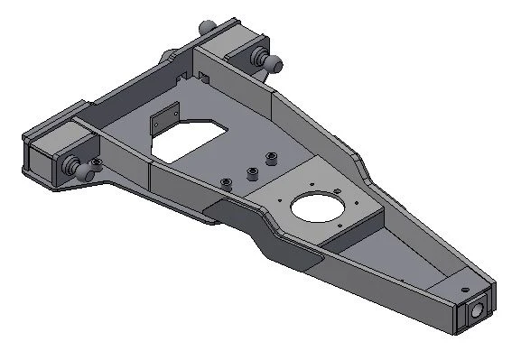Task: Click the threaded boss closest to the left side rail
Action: [227, 183]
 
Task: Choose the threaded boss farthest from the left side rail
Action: [269, 159]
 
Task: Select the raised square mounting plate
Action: [321, 206]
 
